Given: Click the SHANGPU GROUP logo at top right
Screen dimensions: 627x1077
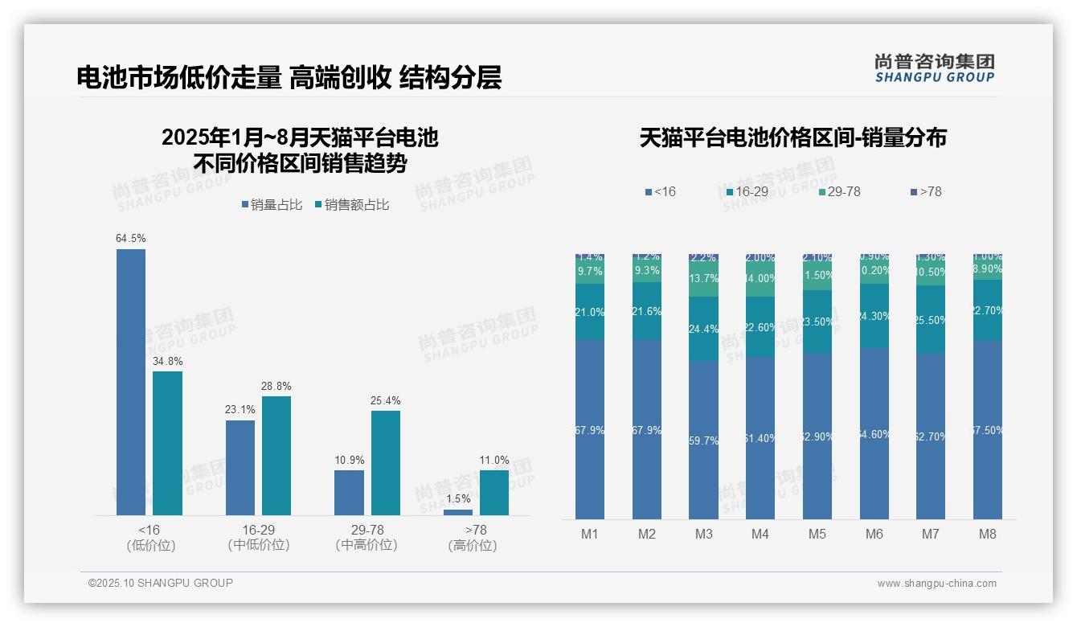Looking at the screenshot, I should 934,68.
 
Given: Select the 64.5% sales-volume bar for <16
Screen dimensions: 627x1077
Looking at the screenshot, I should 131,382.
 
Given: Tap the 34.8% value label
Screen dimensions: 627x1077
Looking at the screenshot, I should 167,360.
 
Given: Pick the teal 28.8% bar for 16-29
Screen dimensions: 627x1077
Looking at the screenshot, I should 276,455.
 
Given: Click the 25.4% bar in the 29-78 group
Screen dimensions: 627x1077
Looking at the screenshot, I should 386,462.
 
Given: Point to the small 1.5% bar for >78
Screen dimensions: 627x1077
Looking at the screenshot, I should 458,512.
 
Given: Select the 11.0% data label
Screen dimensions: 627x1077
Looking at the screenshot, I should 494,460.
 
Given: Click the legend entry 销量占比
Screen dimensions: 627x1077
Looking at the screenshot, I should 272,205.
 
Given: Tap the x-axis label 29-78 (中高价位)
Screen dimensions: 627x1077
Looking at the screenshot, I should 367,538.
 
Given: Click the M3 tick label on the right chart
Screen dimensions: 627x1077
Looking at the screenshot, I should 704,535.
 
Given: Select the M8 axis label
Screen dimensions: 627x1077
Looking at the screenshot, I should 988,535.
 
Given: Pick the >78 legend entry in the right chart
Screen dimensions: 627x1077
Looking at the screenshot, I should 926,191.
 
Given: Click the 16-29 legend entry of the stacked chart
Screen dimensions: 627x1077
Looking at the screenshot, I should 747,191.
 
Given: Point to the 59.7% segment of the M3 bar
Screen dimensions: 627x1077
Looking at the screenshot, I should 704,441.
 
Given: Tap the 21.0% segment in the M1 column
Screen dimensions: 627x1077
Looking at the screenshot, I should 590,312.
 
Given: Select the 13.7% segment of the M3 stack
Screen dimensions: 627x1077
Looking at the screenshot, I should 704,279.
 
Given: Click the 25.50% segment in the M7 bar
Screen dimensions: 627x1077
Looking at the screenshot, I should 931,320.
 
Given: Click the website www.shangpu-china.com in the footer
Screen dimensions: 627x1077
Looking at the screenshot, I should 936,584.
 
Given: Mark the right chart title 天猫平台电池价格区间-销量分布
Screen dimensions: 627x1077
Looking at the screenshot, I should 792,138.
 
